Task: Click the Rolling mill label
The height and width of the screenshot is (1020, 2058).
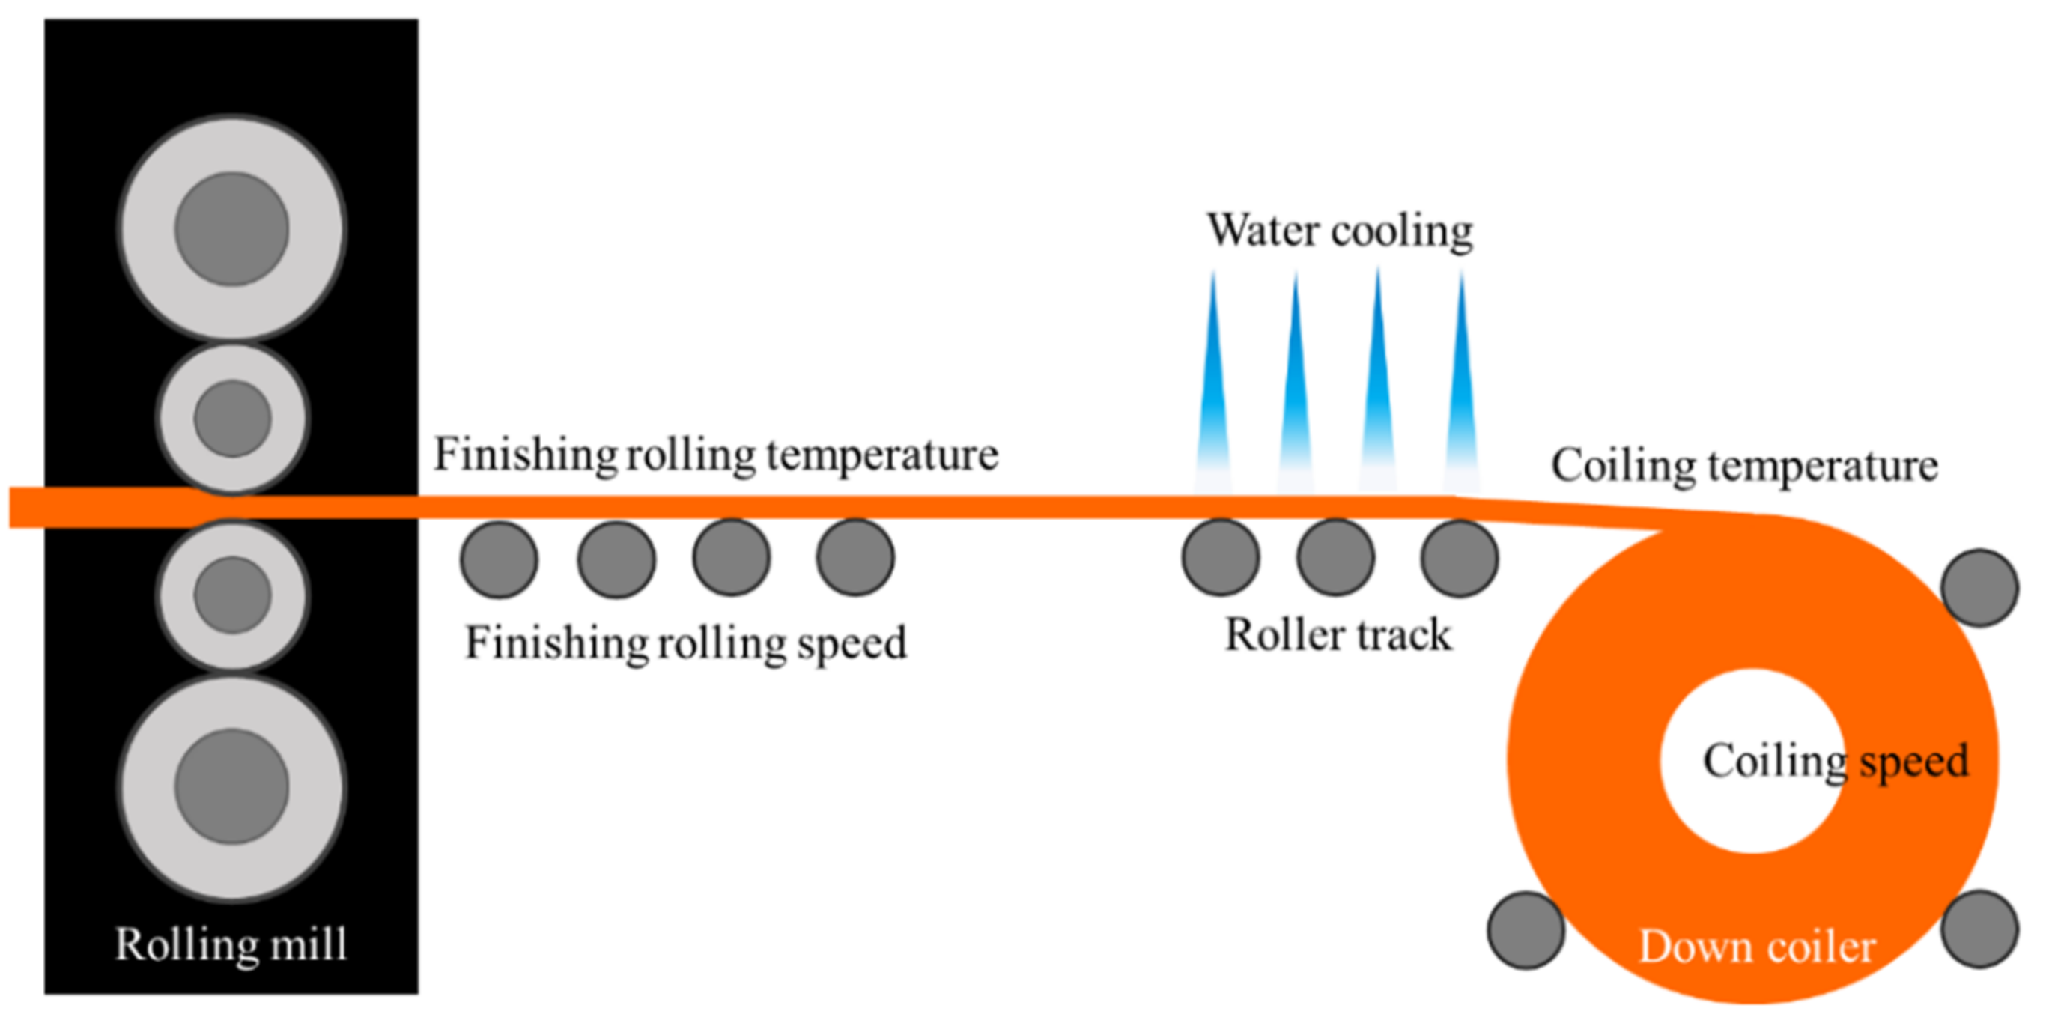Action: coord(231,945)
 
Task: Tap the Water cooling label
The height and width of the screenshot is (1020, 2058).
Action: coord(1340,231)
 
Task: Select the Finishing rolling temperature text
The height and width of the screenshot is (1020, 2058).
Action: coord(715,455)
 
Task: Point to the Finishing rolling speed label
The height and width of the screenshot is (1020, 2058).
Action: coord(685,643)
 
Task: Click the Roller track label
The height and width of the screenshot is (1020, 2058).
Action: coord(1338,636)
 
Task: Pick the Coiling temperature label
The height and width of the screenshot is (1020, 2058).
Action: coord(1744,466)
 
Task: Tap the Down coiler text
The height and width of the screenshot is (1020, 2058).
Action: coord(1757,947)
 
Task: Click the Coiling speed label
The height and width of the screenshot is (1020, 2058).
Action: coord(1835,760)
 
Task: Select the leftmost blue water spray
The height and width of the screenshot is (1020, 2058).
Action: coord(1212,383)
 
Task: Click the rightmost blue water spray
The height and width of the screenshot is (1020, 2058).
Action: coord(1461,383)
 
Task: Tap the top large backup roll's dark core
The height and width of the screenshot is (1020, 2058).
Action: coord(231,229)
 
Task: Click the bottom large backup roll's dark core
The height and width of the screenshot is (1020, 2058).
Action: coord(231,786)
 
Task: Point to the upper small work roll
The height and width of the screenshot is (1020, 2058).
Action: coord(231,418)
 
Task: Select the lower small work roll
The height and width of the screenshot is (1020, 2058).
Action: coord(231,595)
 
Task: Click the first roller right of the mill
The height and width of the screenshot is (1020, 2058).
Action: coord(500,559)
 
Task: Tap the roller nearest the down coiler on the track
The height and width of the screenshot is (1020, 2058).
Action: coord(1459,557)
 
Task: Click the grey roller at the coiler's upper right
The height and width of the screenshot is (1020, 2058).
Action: coord(1979,587)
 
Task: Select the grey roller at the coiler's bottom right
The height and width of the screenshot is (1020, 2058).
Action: coord(1979,929)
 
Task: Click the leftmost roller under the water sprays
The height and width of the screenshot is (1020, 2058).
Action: coord(1221,557)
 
